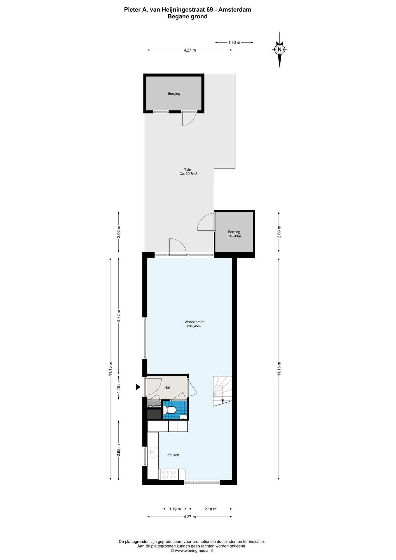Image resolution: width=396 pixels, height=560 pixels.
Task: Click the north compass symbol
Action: click(280, 50)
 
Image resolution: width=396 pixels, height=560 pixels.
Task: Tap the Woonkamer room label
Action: click(194, 322)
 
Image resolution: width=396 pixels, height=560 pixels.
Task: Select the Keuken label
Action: click(173, 455)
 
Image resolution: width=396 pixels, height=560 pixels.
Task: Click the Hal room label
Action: click(167, 388)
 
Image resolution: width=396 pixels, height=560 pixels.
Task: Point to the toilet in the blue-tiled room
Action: click(169, 410)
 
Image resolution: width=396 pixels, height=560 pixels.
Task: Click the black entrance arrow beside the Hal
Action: click(138, 387)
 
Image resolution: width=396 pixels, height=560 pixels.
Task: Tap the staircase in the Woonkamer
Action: click(222, 391)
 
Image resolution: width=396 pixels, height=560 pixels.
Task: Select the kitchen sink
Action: click(153, 452)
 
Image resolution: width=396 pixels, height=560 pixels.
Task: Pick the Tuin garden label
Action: click(188, 169)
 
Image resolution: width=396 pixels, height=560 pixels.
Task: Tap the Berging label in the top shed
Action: click(174, 94)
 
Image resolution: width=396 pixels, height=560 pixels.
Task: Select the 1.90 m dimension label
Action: click(234, 43)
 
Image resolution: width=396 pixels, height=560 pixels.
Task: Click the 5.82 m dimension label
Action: click(118, 315)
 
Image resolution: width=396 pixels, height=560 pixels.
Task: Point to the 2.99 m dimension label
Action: click(118, 450)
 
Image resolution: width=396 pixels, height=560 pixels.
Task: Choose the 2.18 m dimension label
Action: click(211, 509)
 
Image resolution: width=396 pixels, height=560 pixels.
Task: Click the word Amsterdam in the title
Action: click(235, 10)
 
